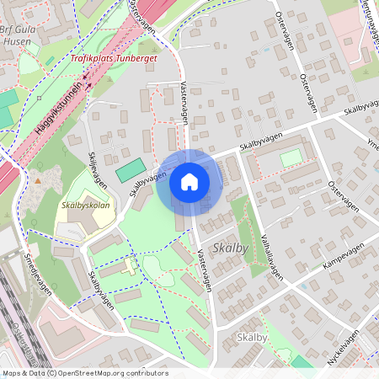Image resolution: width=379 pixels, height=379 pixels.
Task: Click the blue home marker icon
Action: click(189, 181)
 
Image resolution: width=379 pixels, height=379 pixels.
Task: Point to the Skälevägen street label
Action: click(98, 168)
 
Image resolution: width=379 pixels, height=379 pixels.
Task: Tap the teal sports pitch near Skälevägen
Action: click(130, 170)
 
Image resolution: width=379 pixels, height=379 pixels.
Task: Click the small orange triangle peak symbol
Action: click(38, 180)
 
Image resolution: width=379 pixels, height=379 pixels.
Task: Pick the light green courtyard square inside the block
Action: click(291, 157)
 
